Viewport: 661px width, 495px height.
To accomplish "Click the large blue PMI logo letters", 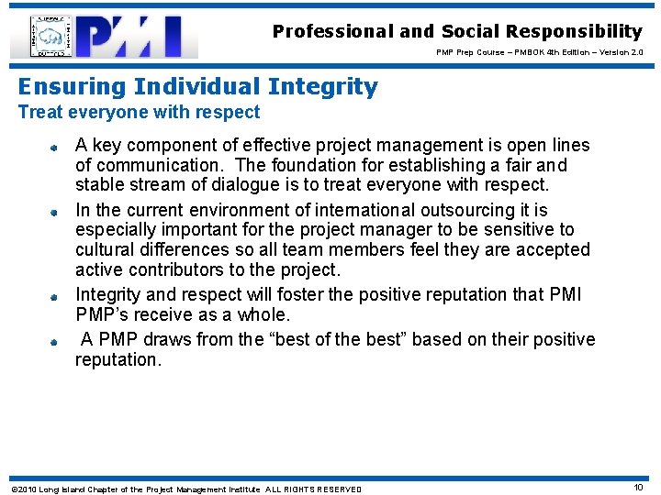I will pos(137,37).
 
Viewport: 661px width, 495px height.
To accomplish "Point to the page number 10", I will pos(638,488).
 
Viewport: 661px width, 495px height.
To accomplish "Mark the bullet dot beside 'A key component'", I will pos(55,146).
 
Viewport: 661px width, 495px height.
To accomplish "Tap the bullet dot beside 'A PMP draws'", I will pos(55,340).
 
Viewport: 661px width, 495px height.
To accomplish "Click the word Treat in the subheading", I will pos(39,113).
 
